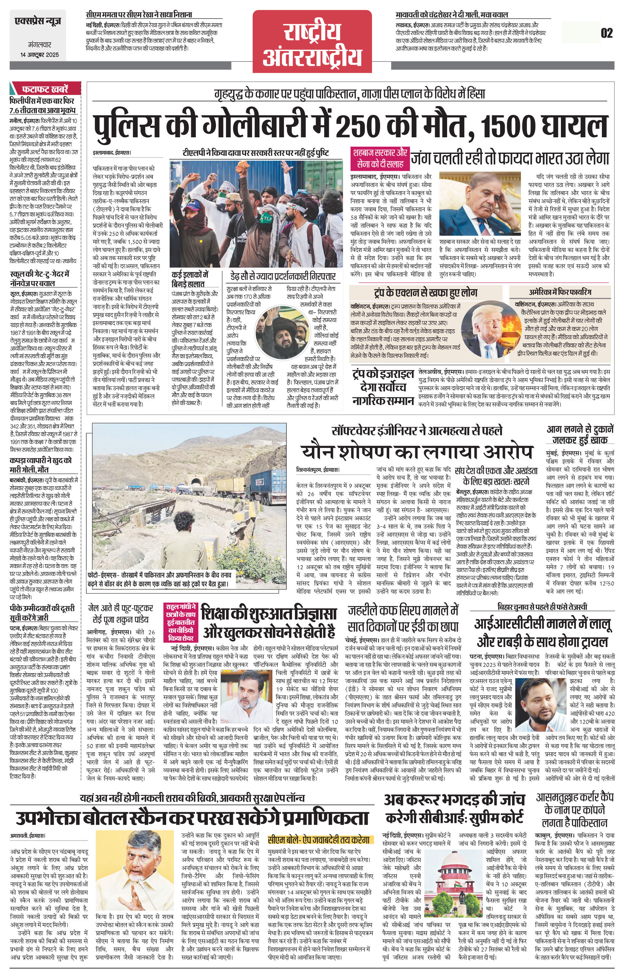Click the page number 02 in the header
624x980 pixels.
pos(606,33)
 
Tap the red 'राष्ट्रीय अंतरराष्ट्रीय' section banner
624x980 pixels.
pos(312,42)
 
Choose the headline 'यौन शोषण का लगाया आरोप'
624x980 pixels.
pos(417,452)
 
